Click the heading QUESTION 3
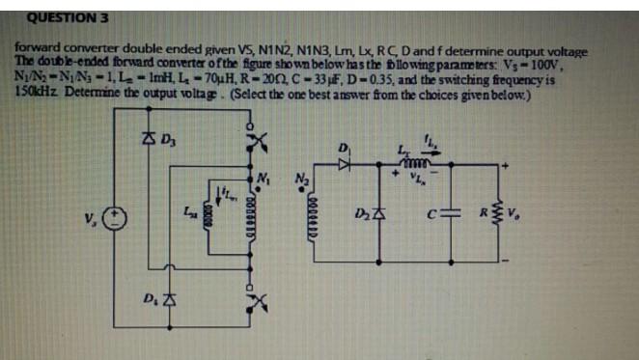point(59,16)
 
